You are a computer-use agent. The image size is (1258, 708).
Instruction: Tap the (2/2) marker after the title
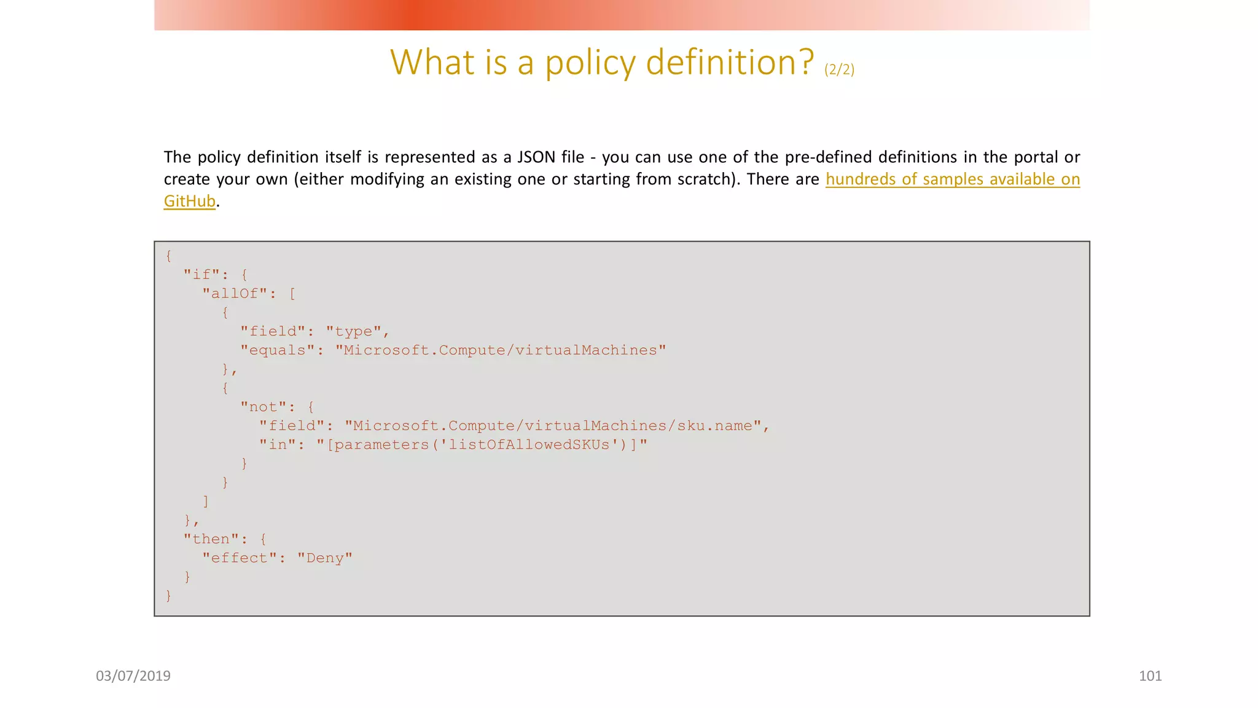click(x=839, y=69)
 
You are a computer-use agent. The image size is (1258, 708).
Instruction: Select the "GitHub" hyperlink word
click(x=189, y=201)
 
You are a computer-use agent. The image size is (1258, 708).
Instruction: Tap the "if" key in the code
click(x=202, y=275)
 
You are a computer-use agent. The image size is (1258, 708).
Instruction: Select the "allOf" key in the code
click(x=235, y=294)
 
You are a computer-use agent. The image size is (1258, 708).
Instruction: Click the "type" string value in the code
click(x=353, y=331)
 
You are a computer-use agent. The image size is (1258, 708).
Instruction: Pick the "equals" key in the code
click(x=277, y=350)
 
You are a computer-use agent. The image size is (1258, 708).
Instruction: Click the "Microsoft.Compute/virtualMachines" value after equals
click(x=501, y=350)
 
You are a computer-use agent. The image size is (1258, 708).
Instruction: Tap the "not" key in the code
click(x=264, y=407)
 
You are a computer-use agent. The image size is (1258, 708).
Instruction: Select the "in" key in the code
click(x=278, y=444)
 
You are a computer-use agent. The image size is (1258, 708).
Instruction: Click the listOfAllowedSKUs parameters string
click(x=482, y=444)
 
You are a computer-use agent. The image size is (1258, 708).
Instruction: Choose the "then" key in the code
click(x=211, y=539)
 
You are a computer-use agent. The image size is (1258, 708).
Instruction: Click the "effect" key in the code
click(x=240, y=558)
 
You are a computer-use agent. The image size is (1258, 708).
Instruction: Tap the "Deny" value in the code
click(x=325, y=558)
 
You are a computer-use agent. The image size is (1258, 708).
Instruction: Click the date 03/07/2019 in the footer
click(x=133, y=676)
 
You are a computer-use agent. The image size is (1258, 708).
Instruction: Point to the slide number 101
click(x=1150, y=676)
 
